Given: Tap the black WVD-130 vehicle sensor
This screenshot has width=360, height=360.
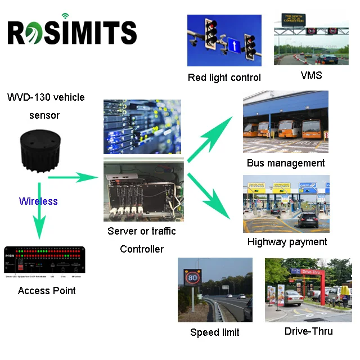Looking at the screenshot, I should [39, 152].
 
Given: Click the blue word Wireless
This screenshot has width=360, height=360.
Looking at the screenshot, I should [38, 201].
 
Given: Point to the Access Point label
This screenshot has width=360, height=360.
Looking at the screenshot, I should [47, 291].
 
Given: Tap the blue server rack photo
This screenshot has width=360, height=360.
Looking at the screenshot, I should [142, 127].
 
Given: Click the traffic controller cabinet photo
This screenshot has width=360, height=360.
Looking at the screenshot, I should [143, 190].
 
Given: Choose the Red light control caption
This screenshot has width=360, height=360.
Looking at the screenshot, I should [224, 78].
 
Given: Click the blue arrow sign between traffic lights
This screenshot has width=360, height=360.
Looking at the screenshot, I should [233, 43].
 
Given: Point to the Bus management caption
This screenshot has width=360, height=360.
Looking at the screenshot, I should [286, 163].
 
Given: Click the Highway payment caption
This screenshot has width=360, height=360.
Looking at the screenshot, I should [287, 242].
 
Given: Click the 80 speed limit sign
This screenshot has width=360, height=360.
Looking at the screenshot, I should [193, 278].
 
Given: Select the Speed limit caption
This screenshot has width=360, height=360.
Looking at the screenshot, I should [214, 332].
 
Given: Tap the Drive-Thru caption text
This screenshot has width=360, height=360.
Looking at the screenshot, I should [308, 331].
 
